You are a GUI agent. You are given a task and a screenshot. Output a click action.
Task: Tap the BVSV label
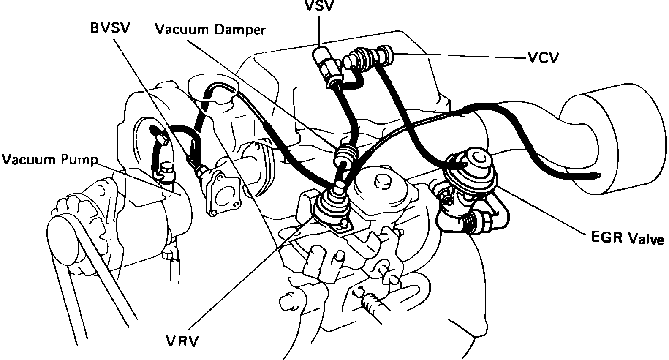(x=111, y=29)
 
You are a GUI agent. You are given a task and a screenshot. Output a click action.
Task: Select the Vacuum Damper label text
(x=210, y=30)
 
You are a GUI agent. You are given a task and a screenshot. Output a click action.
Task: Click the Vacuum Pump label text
(x=49, y=160)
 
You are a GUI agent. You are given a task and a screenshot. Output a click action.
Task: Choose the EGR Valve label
(x=627, y=239)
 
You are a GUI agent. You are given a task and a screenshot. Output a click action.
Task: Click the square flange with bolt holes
(x=221, y=192)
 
